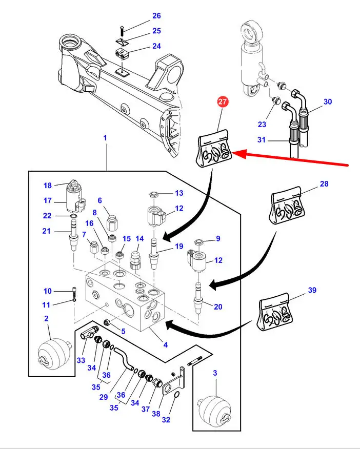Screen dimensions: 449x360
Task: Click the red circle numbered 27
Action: pos(222,101)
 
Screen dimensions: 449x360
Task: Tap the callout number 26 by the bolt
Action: pos(156,16)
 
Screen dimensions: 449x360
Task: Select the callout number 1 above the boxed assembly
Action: pos(105,138)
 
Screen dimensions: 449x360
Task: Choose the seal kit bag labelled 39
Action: pos(277,313)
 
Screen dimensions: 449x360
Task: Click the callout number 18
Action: pos(48,186)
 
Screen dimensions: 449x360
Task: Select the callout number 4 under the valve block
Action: pos(165,344)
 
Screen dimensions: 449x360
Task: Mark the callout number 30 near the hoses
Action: pos(328,101)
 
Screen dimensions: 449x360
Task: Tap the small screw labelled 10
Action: pos(74,293)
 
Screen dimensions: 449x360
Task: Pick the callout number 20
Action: pos(218,307)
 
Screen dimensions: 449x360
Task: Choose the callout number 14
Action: pos(139,239)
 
